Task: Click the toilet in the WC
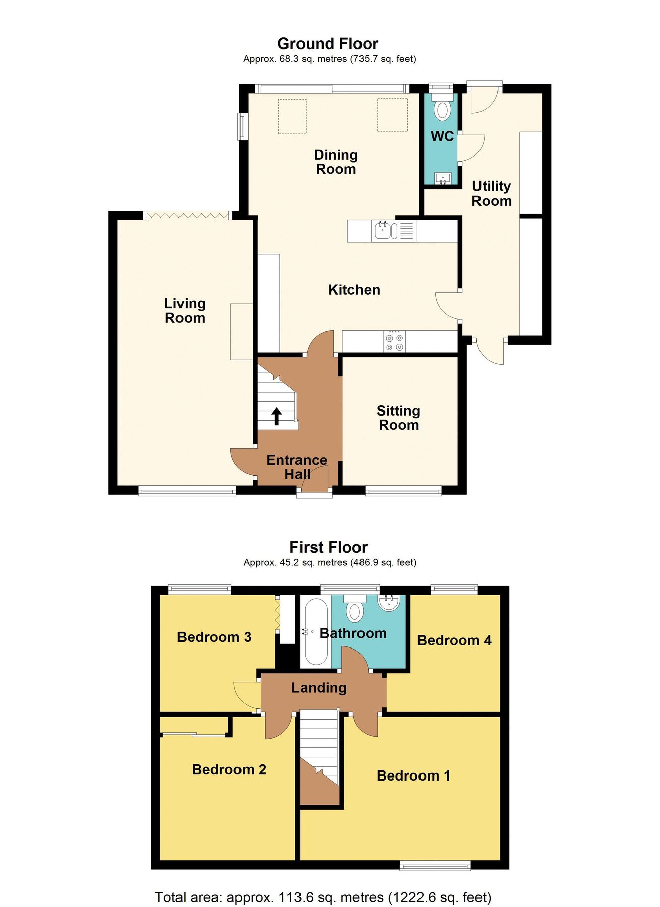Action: pos(442,109)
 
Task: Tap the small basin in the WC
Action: pos(443,178)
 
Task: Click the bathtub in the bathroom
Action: pos(316,632)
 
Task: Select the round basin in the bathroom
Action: pos(389,602)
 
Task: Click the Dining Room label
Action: pos(336,162)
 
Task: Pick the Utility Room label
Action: pos(491,193)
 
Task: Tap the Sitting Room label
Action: pos(398,418)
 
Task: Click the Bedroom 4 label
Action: pos(454,640)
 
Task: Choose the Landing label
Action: pos(319,688)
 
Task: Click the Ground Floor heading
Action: pos(328,44)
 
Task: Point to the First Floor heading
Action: pos(328,547)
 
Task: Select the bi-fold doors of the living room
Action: pos(188,216)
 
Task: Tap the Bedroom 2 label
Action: pos(229,769)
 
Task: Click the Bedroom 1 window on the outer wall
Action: pos(435,866)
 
